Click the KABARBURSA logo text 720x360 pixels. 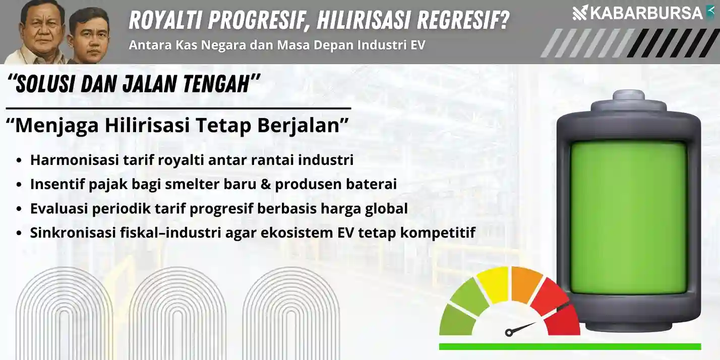(646, 13)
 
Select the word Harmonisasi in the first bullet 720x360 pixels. (75, 160)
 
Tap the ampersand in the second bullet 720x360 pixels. (265, 184)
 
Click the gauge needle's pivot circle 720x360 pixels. (509, 332)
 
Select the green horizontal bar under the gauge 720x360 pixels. (570, 346)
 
